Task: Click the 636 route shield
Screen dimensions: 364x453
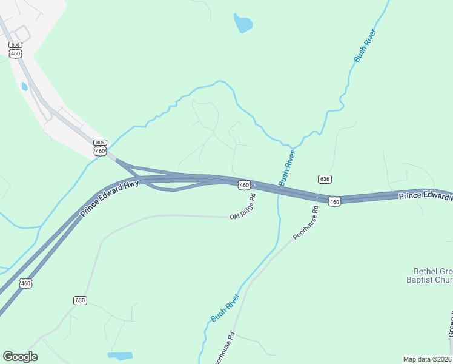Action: [325, 179]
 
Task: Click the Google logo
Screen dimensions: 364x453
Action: [20, 357]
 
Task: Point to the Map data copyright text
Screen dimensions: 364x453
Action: [428, 359]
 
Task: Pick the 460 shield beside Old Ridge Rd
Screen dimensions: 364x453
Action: [244, 185]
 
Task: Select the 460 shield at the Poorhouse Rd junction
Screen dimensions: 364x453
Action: [334, 201]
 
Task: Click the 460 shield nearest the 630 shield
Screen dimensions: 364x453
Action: [25, 283]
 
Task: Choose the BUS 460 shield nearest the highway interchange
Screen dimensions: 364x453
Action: [101, 147]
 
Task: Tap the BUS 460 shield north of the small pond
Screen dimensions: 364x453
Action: [16, 50]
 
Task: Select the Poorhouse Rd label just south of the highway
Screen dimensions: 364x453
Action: [305, 223]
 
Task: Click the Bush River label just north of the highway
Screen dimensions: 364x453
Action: [286, 169]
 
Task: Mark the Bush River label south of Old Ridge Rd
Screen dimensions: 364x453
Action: [225, 307]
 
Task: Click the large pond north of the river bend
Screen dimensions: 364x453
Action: [242, 23]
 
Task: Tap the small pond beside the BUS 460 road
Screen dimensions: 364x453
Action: [24, 86]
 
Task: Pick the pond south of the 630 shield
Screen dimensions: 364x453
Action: [119, 356]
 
